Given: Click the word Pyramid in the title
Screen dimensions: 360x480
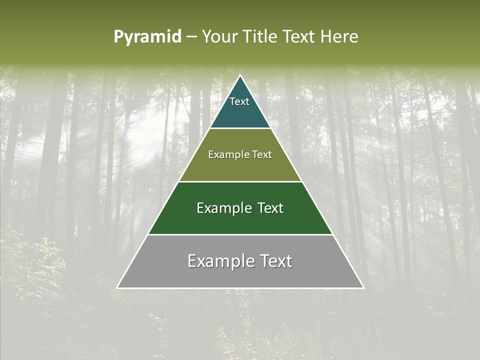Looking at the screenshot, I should pyautogui.click(x=147, y=37).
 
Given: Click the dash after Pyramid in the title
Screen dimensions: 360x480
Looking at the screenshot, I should pyautogui.click(x=191, y=37).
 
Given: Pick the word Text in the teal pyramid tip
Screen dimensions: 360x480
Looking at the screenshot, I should pyautogui.click(x=239, y=101).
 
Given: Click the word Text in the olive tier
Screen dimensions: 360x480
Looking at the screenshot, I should pyautogui.click(x=261, y=154).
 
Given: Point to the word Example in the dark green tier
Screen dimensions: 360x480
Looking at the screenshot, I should pyautogui.click(x=223, y=208).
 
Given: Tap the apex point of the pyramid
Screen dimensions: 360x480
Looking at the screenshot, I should pyautogui.click(x=240, y=76).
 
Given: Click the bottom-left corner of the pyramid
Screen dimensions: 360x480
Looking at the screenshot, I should pyautogui.click(x=117, y=287).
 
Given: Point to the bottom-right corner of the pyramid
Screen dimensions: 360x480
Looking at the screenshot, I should pyautogui.click(x=363, y=287).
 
